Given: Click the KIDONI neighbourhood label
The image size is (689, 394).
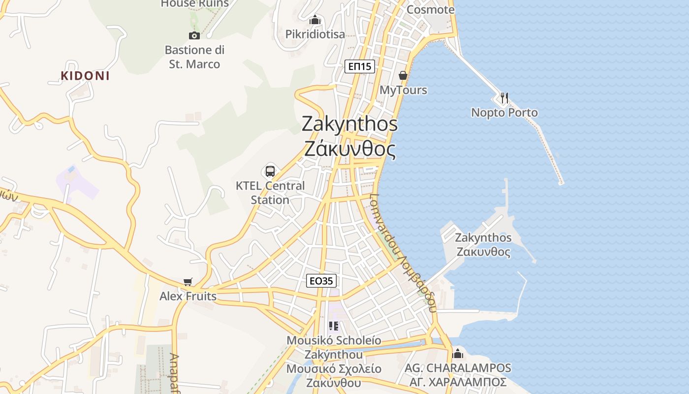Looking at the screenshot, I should pos(85,76).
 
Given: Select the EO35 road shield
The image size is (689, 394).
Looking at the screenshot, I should pos(321,281).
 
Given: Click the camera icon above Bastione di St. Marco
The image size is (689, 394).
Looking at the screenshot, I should pos(194,35).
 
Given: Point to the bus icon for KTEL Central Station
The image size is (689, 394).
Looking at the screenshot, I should pos(270,171).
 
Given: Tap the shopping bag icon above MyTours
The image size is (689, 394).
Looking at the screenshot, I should pos(403,75).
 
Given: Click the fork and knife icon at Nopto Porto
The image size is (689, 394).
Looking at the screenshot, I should pos(504,98).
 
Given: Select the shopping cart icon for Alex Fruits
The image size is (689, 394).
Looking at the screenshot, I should pos(188,282).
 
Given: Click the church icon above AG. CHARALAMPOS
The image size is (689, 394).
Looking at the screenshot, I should pos(458,354).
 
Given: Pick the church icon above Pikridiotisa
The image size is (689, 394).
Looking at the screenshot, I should pos(315,20).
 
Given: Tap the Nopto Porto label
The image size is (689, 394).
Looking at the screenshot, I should pos(504,113).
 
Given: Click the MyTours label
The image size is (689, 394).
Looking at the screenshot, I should pos(404,91).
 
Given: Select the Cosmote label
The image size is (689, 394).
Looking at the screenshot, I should pos(431,10).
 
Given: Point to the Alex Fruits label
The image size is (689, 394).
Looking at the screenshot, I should pos(188,296).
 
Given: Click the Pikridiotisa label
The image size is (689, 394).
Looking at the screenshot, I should pos(315,34).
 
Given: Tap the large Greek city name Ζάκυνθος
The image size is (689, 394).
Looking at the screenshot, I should pos(350,149).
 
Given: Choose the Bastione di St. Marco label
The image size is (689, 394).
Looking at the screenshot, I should pos(194,57).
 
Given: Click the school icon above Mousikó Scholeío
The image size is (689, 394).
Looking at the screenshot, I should pos(334,326).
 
